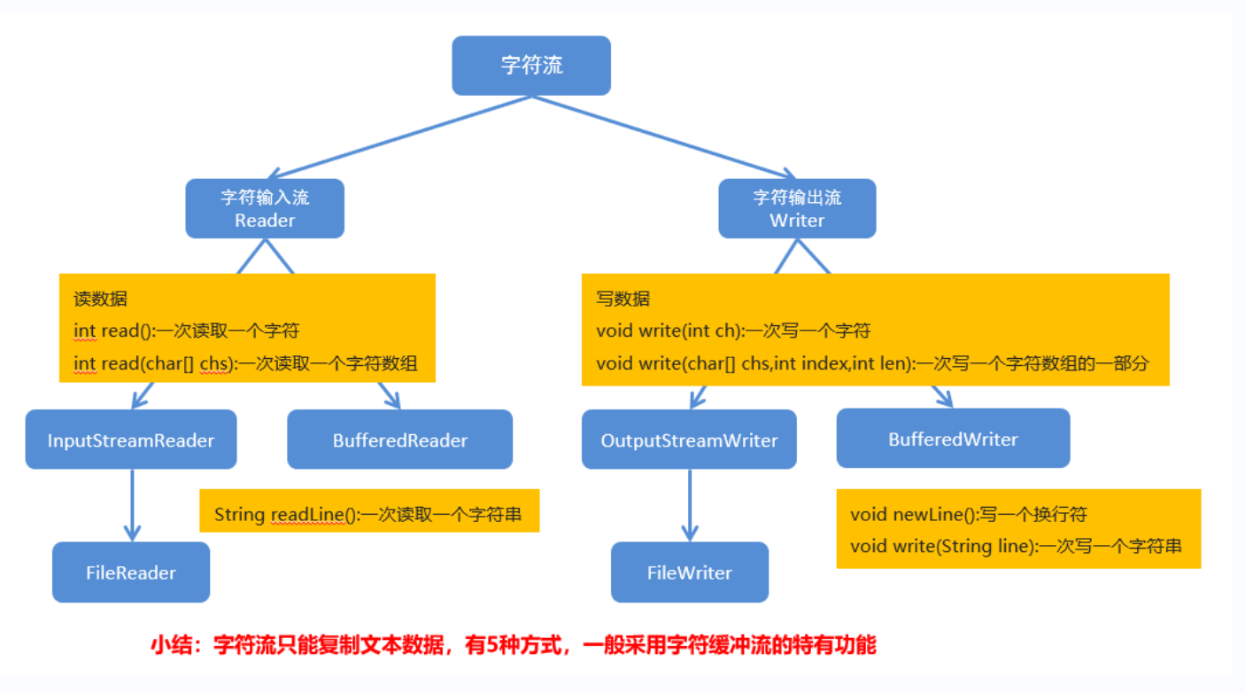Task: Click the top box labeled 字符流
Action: tap(531, 66)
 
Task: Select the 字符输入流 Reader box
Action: tap(265, 208)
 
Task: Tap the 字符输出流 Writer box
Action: tap(797, 208)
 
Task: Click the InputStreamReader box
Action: tap(131, 440)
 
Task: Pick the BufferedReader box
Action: tap(400, 440)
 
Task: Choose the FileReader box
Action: tap(131, 572)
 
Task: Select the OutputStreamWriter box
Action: tap(689, 440)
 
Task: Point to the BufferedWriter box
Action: tap(953, 439)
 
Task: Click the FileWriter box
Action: tap(690, 572)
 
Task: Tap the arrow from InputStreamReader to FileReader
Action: tap(132, 504)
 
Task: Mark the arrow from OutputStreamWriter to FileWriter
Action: tap(690, 504)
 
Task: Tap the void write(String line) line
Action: tap(1016, 546)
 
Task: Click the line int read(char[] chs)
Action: tap(245, 362)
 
